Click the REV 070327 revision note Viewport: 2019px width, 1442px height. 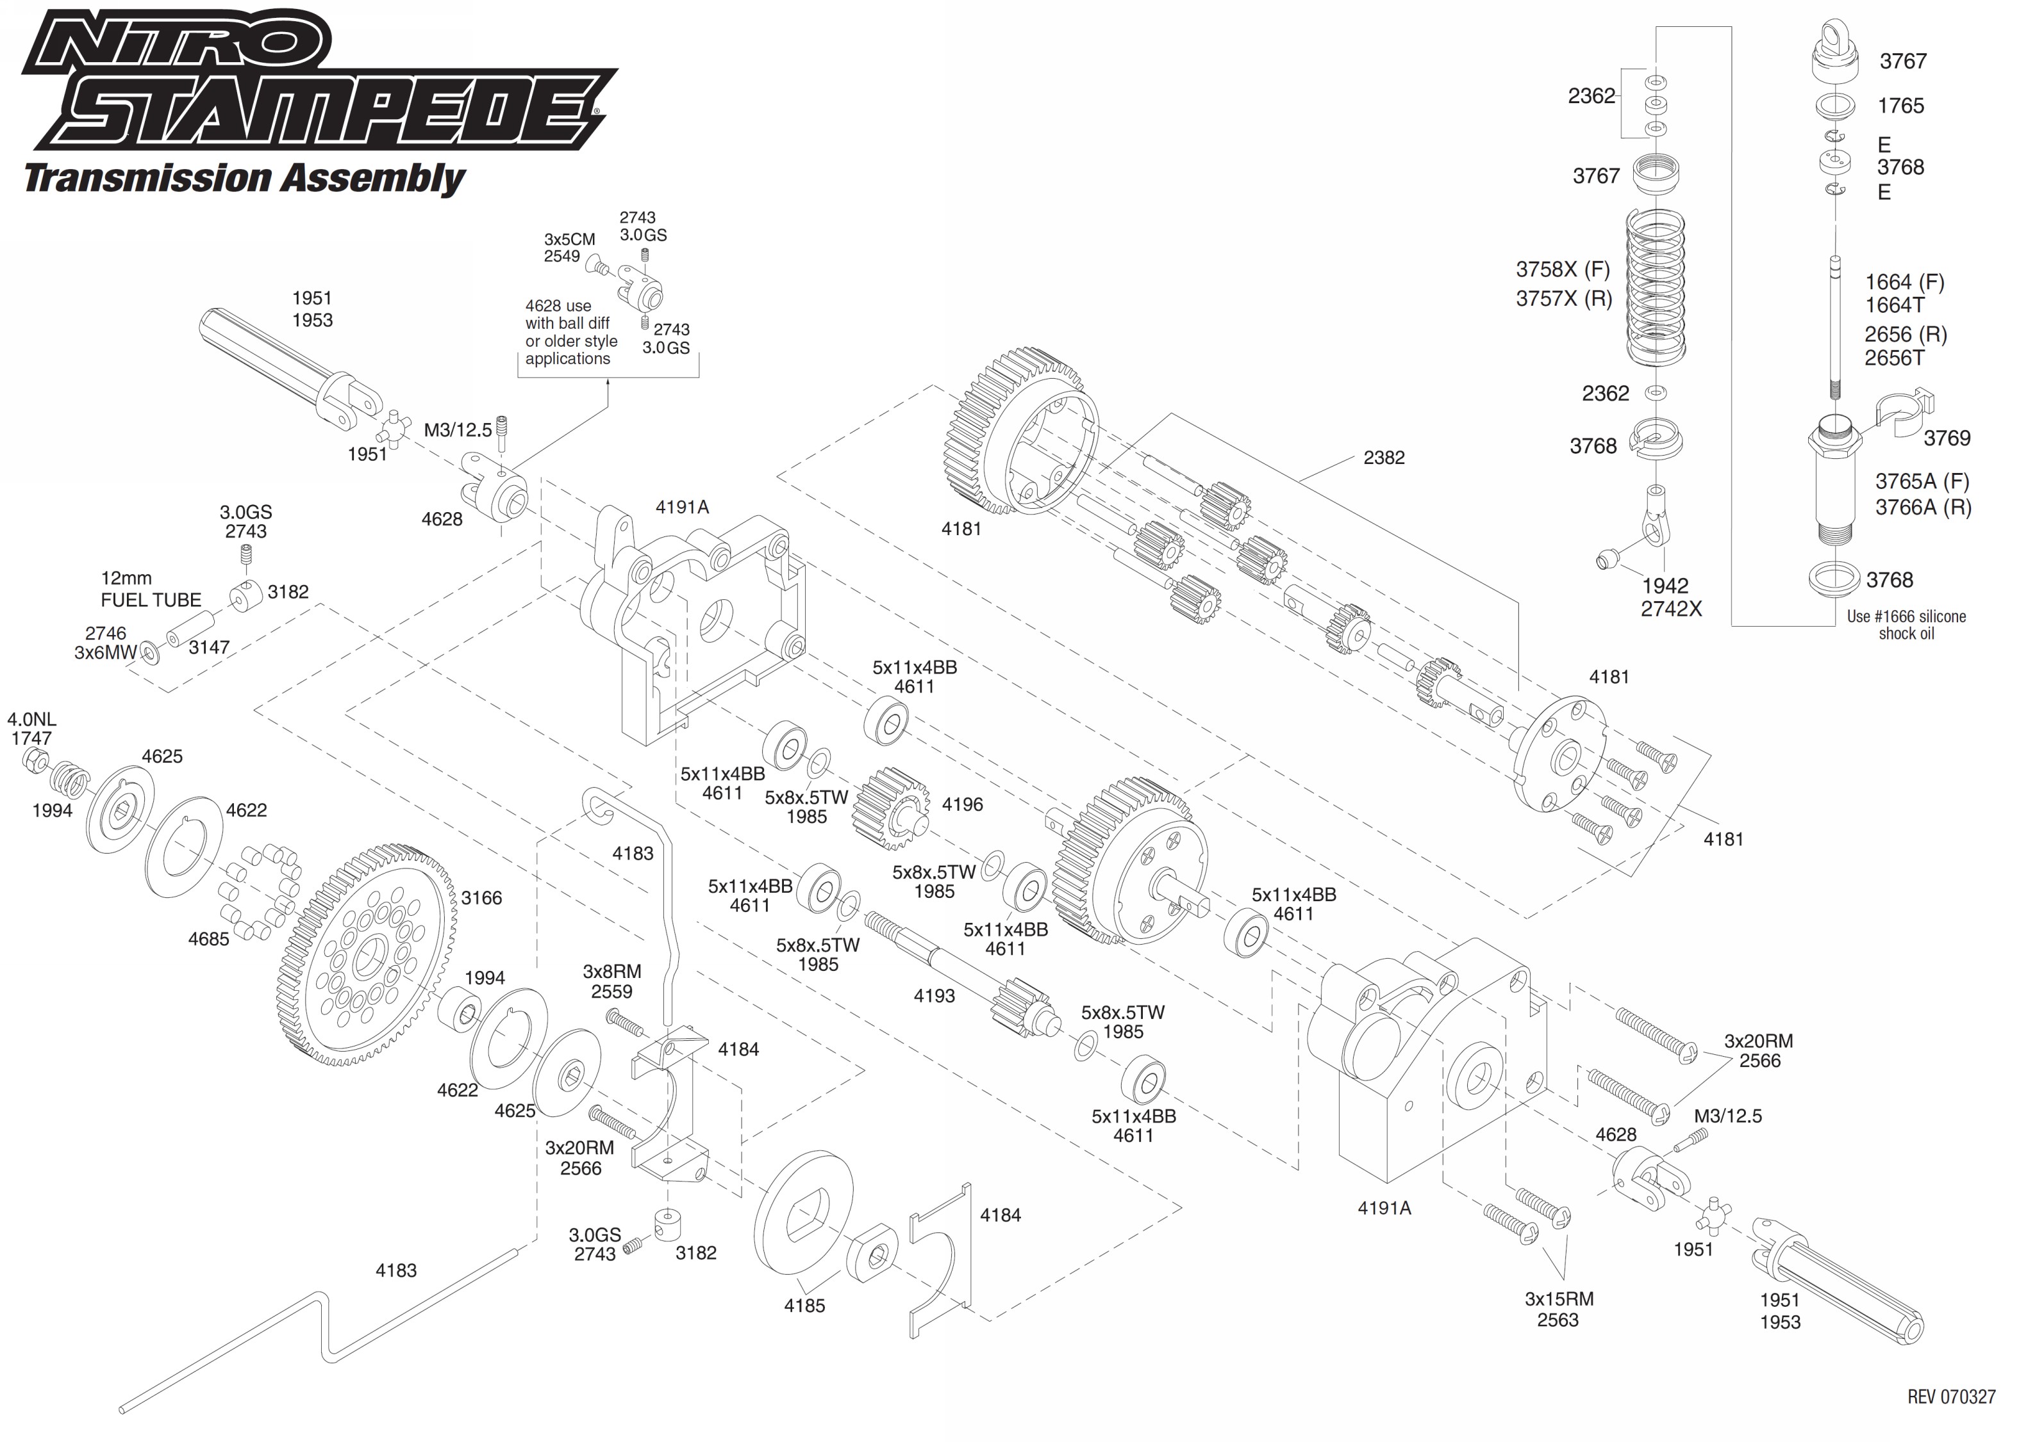[x=1950, y=1396]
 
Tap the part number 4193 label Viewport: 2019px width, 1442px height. [x=934, y=996]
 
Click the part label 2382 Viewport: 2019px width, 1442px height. [x=1383, y=458]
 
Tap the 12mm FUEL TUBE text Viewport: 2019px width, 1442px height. [x=151, y=590]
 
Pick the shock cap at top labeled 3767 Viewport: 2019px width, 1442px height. [x=1835, y=56]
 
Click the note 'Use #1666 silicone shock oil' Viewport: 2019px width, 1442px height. [x=1906, y=624]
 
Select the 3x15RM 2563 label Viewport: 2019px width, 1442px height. [x=1558, y=1309]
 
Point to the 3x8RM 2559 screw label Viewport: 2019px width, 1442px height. [x=611, y=982]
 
